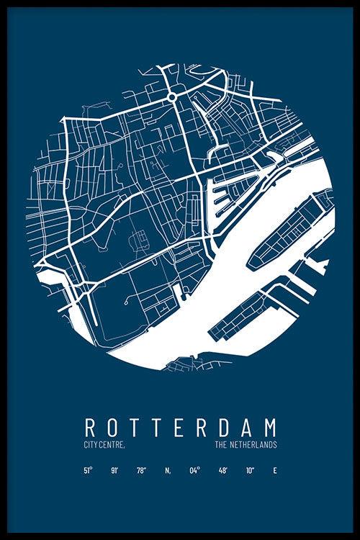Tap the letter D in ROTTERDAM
pyautogui.click(x=220, y=427)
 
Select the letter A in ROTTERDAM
pyautogui.click(x=245, y=427)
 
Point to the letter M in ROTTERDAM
pyautogui.click(x=269, y=427)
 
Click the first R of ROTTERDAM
pyautogui.click(x=90, y=427)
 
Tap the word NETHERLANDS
pyautogui.click(x=252, y=446)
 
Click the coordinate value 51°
pyautogui.click(x=88, y=471)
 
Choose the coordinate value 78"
pyautogui.click(x=140, y=471)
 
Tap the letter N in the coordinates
pyautogui.click(x=167, y=471)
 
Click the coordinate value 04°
pyautogui.click(x=194, y=471)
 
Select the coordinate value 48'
pyautogui.click(x=222, y=471)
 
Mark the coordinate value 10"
pyautogui.click(x=248, y=471)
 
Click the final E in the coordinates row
pyautogui.click(x=274, y=471)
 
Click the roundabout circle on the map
pyautogui.click(x=172, y=96)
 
